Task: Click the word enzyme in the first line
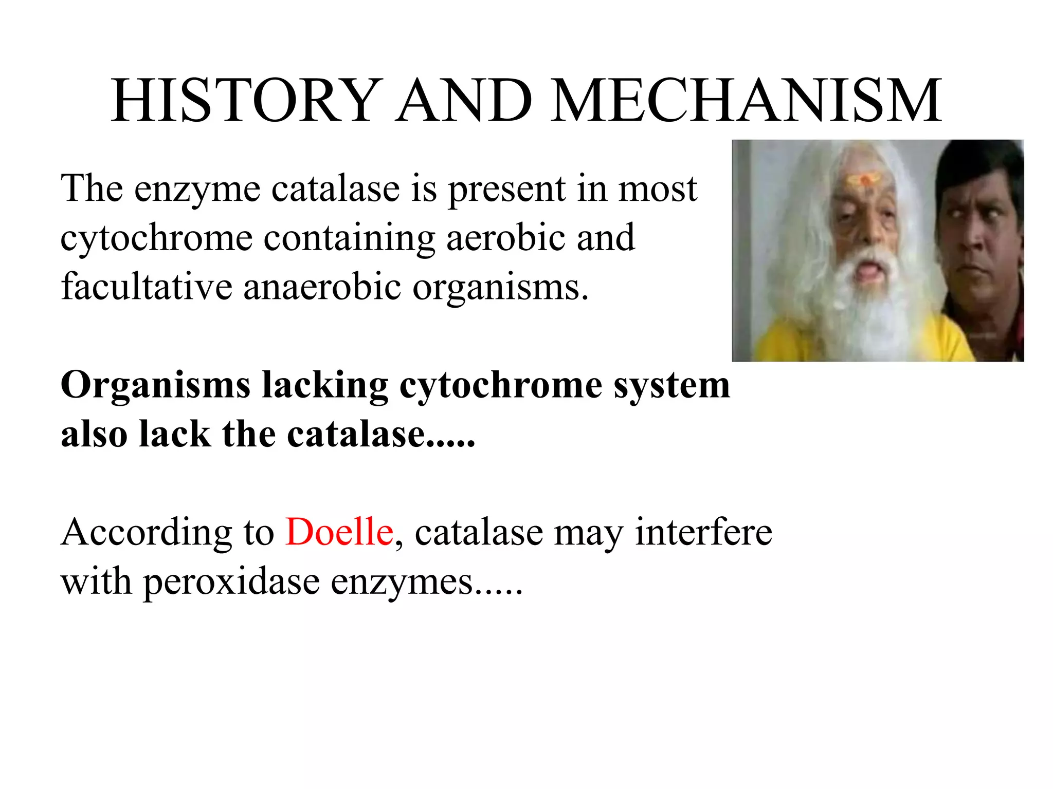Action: pyautogui.click(x=197, y=189)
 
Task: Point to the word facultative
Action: pyautogui.click(x=147, y=287)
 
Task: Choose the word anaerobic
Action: pyautogui.click(x=322, y=287)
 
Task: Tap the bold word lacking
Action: pyautogui.click(x=325, y=385)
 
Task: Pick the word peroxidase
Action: pyautogui.click(x=231, y=583)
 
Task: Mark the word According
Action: pyautogui.click(x=147, y=532)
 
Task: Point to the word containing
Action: pyautogui.click(x=350, y=238)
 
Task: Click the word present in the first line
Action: pyautogui.click(x=506, y=189)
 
